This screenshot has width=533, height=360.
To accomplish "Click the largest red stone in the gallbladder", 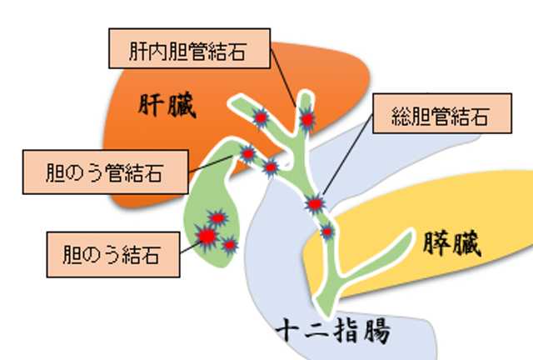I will click(204, 238).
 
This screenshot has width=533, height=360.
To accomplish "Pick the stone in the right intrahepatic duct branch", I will click(307, 120).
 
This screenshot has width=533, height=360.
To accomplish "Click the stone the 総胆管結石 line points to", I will click(315, 202).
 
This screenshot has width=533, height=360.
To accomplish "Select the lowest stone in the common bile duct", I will click(327, 231).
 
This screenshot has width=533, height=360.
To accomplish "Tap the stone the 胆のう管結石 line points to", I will click(247, 152).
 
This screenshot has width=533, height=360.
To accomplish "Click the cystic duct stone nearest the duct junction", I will click(270, 167).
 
